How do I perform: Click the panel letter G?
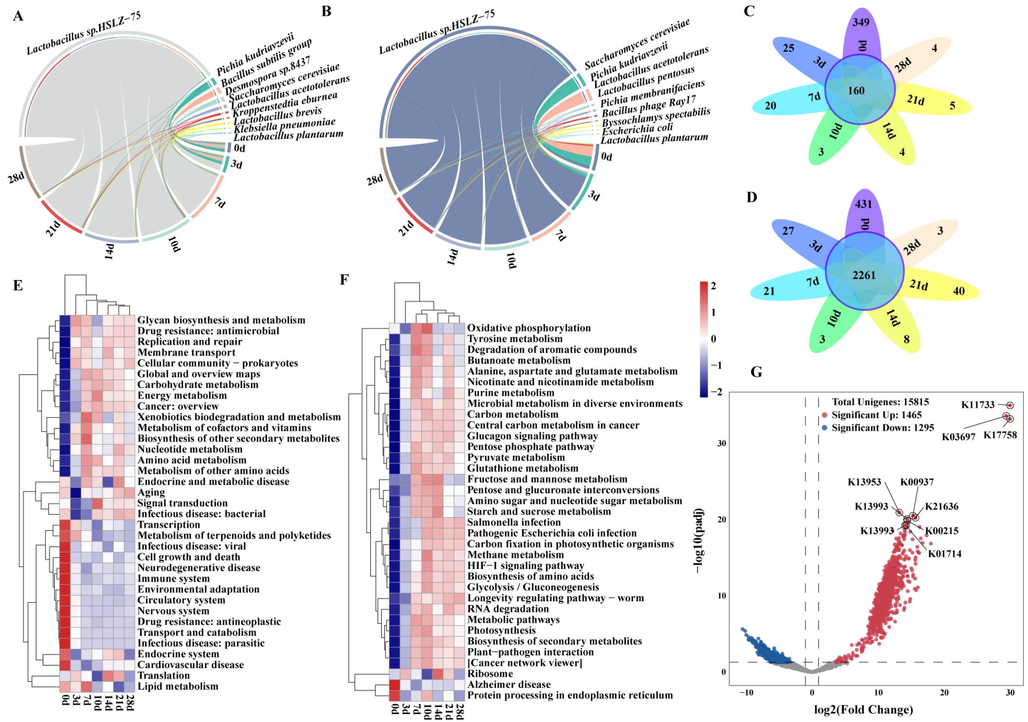click(x=756, y=372)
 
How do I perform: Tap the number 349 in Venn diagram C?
click(x=861, y=22)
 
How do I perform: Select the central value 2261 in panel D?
click(x=864, y=275)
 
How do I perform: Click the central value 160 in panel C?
click(x=856, y=91)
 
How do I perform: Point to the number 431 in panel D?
click(x=863, y=204)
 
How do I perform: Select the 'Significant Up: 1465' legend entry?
click(x=876, y=415)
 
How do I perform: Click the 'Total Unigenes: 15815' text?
click(x=880, y=402)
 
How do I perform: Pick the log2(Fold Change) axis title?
click(x=863, y=710)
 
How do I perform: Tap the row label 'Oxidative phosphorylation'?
click(x=529, y=328)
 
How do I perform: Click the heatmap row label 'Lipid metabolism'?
click(x=178, y=686)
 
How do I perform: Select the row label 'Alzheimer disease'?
click(x=509, y=684)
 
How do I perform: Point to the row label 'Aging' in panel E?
click(x=151, y=492)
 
